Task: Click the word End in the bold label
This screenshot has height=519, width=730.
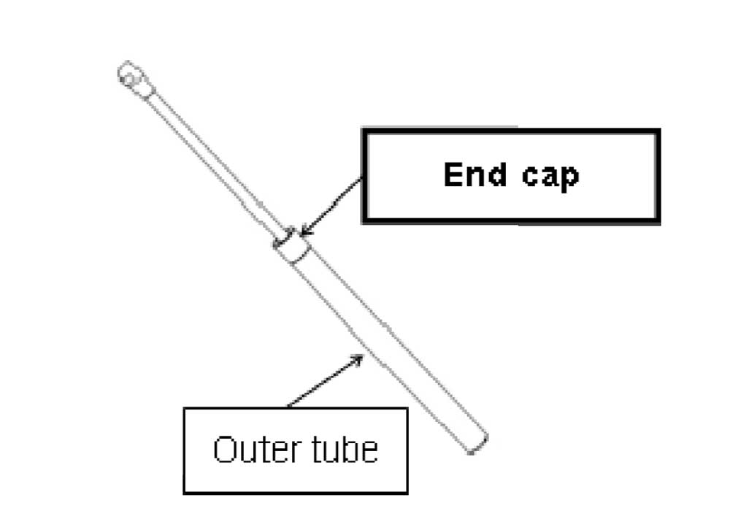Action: pyautogui.click(x=474, y=175)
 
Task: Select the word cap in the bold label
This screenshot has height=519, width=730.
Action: pyautogui.click(x=547, y=177)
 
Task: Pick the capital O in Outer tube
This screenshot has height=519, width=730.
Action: pyautogui.click(x=225, y=450)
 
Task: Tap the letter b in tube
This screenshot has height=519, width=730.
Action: pyautogui.click(x=351, y=449)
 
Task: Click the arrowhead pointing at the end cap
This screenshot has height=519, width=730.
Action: pyautogui.click(x=303, y=231)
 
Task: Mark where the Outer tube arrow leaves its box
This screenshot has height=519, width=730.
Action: pyautogui.click(x=287, y=407)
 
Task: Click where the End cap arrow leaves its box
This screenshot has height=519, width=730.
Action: pyautogui.click(x=362, y=177)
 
